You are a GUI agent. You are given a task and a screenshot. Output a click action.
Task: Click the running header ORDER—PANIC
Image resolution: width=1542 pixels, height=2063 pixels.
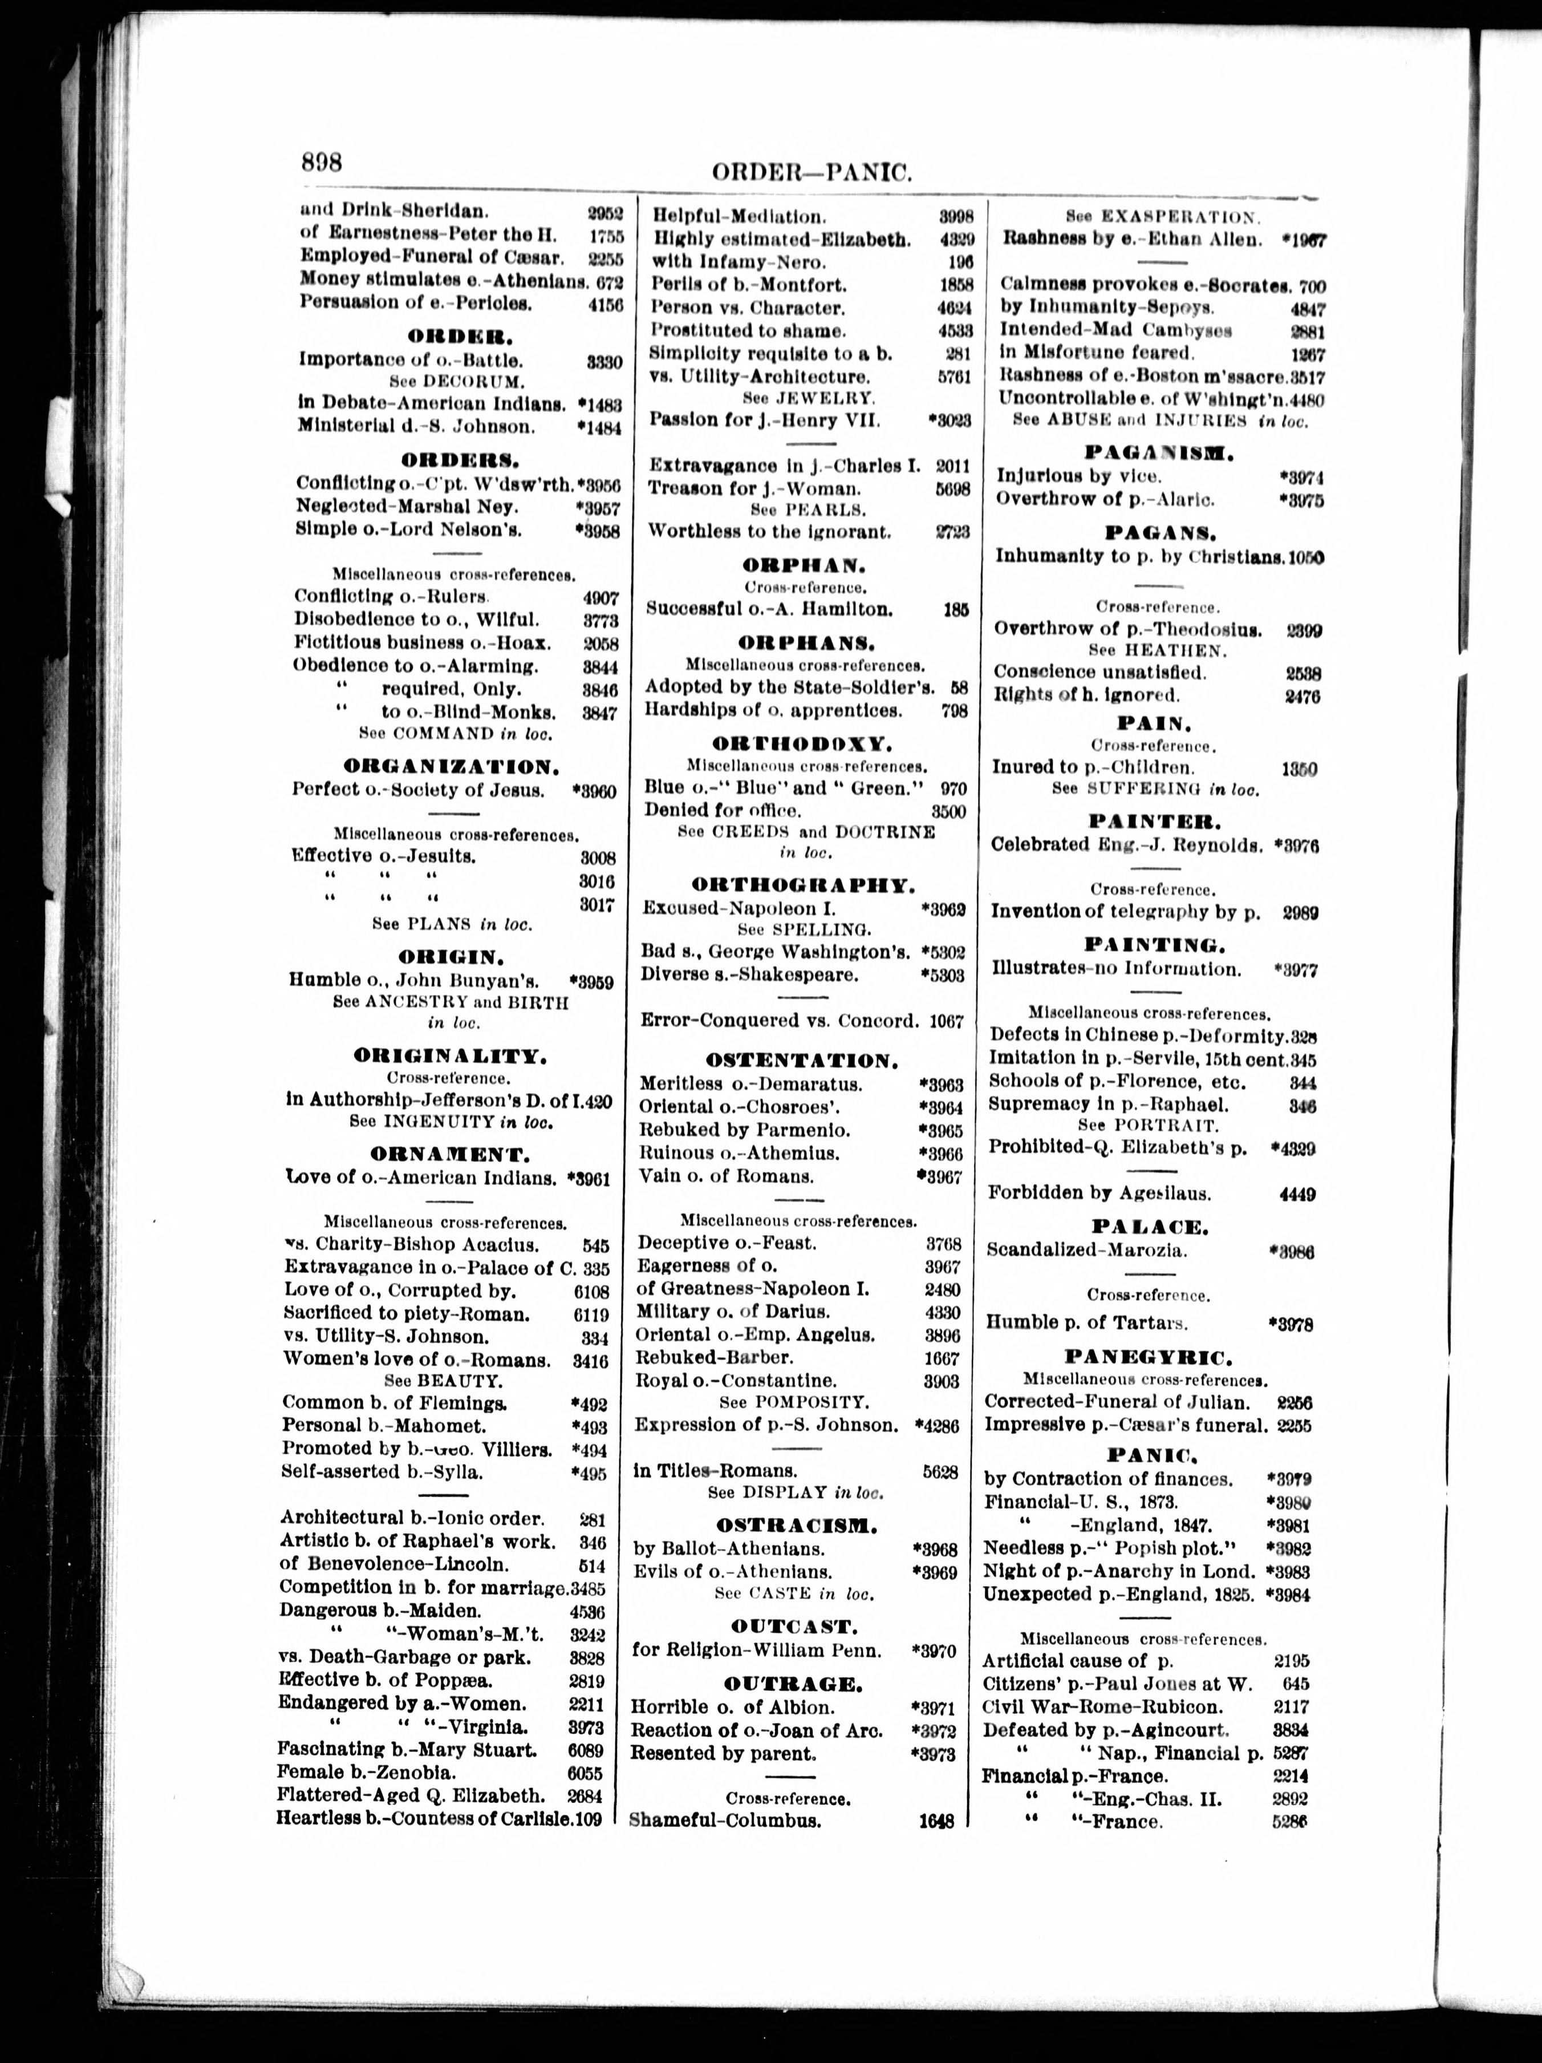(810, 172)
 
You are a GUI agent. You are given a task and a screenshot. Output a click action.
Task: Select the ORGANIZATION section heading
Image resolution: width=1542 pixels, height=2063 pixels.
(451, 767)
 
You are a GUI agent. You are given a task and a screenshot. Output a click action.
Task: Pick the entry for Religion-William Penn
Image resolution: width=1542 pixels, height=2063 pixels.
(756, 1651)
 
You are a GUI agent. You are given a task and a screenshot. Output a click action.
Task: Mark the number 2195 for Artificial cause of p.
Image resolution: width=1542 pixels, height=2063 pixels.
(1291, 1661)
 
